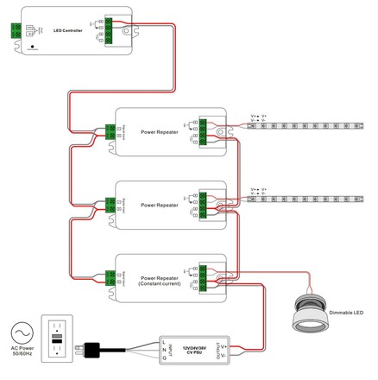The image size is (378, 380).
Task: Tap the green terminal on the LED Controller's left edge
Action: pos(14,30)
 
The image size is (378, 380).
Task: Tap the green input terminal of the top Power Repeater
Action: pos(110,131)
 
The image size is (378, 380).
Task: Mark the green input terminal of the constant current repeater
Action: pos(110,276)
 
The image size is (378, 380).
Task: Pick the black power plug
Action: pos(96,350)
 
